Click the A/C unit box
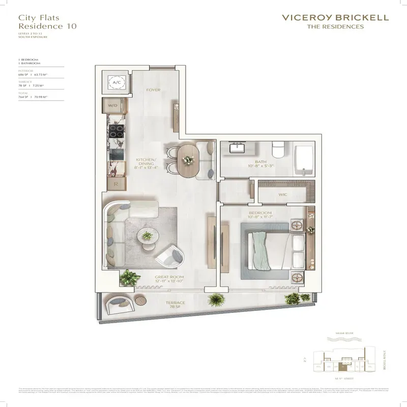click(116, 81)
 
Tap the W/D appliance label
click(112, 105)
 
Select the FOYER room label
click(153, 90)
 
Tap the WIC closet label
click(284, 194)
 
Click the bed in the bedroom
click(272, 249)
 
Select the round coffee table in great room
click(148, 237)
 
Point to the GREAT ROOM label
click(168, 278)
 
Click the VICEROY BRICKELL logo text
click(335, 17)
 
